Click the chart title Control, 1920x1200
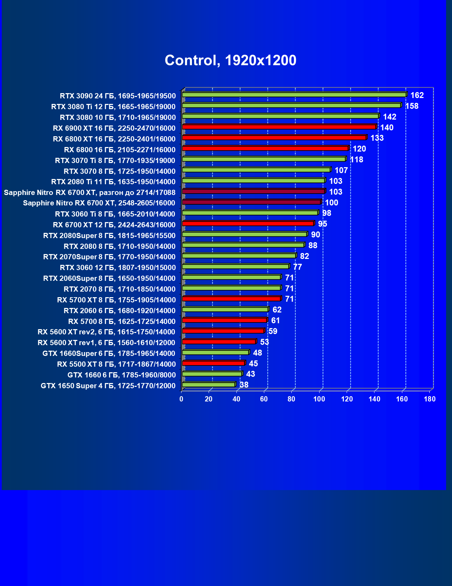click(231, 60)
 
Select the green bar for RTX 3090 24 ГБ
click(294, 95)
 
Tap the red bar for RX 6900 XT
click(279, 127)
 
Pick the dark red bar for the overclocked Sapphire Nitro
click(253, 191)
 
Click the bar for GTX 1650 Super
click(209, 384)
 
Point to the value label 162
click(417, 95)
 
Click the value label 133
click(377, 138)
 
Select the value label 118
click(356, 160)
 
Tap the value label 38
click(244, 385)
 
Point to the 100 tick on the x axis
click(319, 399)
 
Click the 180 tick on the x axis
click(430, 399)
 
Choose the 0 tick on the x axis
click(181, 399)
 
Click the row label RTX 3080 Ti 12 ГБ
click(113, 107)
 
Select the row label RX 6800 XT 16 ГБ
click(114, 139)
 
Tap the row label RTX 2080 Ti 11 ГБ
click(113, 182)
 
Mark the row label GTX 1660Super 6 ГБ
click(109, 353)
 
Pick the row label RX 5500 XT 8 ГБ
click(116, 364)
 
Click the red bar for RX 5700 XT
click(231, 299)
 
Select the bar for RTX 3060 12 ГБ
click(235, 267)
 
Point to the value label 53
click(265, 342)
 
